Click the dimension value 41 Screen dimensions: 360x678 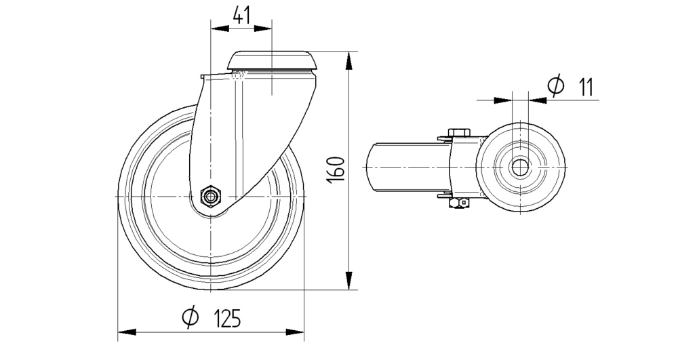241,16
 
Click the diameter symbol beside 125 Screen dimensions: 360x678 190,317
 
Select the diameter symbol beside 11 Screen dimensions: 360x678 555,86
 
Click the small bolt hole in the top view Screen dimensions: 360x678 521,166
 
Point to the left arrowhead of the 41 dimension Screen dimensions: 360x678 220,28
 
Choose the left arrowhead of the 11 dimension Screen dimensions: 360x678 503,100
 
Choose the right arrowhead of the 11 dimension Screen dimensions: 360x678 538,100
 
